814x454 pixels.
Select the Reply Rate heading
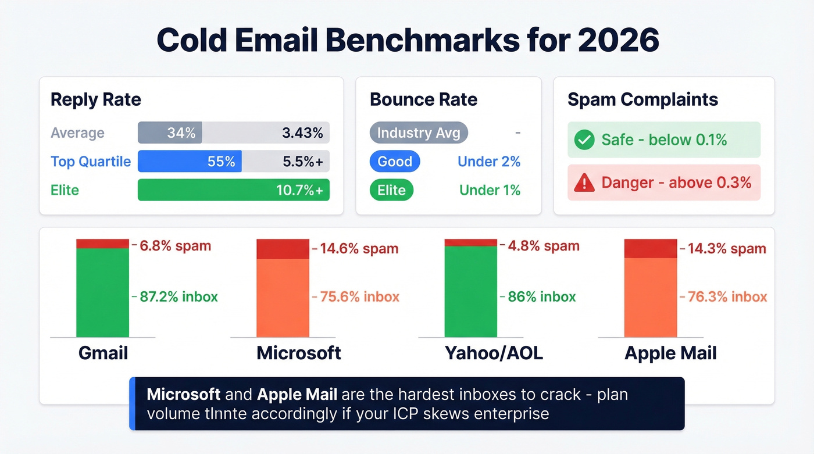95,99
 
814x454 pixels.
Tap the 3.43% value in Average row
302,133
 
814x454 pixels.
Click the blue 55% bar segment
190,162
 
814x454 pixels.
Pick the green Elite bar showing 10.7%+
233,190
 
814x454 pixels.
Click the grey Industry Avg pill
418,133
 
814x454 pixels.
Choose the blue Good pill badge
395,162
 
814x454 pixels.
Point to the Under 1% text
490,190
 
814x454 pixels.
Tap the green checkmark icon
584,140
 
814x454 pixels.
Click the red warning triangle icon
584,183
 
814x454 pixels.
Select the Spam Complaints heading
642,99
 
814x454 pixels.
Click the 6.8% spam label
175,245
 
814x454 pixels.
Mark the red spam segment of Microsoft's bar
283,249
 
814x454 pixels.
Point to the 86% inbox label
541,296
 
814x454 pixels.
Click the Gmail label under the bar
103,353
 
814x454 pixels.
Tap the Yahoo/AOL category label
493,353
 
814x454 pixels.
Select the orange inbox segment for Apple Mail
650,297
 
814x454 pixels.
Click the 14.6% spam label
359,249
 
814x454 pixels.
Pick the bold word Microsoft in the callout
183,394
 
